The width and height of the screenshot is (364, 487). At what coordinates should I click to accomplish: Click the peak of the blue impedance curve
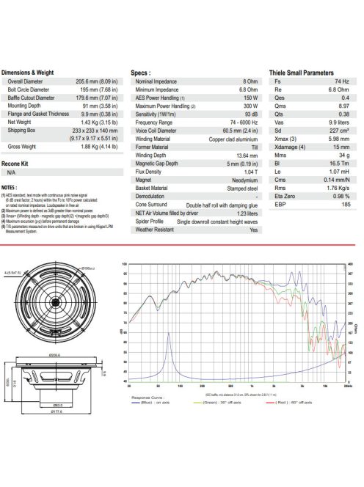pyautogui.click(x=170, y=333)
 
